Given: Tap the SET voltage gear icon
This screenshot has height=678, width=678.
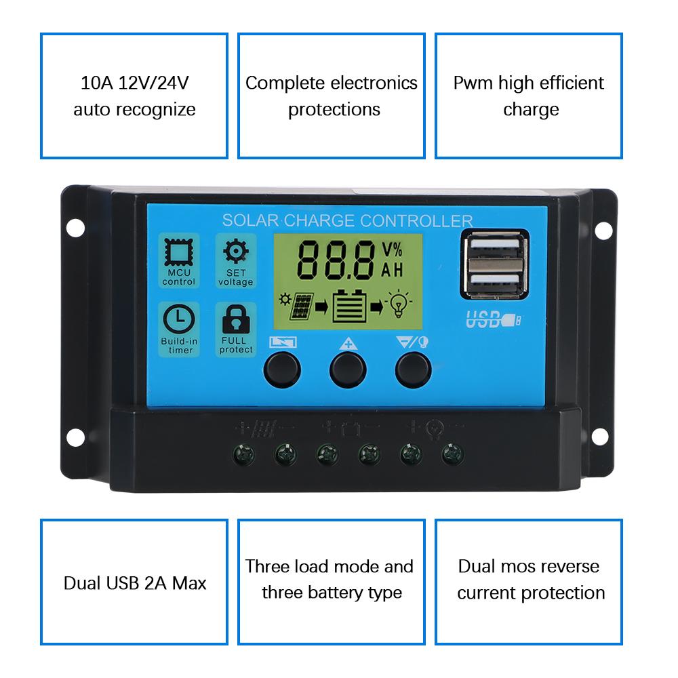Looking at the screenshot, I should [x=236, y=252].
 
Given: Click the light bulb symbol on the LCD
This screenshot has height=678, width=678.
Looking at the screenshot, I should [x=399, y=306].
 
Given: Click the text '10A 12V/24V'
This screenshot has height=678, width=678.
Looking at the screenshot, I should [x=134, y=83].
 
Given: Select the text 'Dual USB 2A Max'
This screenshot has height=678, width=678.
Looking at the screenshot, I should [x=134, y=583].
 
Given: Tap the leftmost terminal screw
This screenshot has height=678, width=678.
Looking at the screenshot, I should [x=243, y=456].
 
